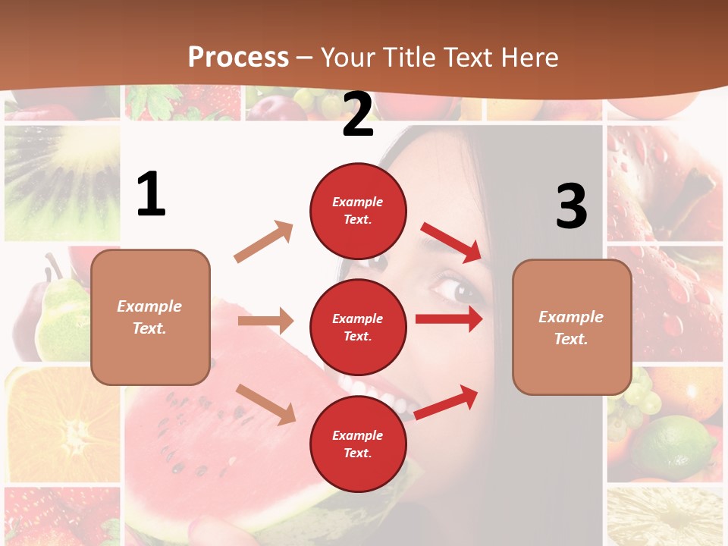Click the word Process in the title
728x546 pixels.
[x=238, y=58]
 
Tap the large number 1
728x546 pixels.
[x=151, y=195]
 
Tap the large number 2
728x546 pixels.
[x=358, y=115]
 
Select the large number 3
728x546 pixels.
[x=571, y=207]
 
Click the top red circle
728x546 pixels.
[x=358, y=211]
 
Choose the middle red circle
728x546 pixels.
[x=358, y=327]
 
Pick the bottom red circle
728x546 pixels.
[x=358, y=444]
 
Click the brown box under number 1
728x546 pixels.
[x=150, y=317]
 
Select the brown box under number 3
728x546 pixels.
[x=571, y=328]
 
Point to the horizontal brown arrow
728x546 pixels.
[x=265, y=321]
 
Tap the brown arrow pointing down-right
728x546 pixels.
[x=266, y=403]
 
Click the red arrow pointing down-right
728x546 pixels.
[x=452, y=243]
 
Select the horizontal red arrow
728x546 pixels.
[x=448, y=319]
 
